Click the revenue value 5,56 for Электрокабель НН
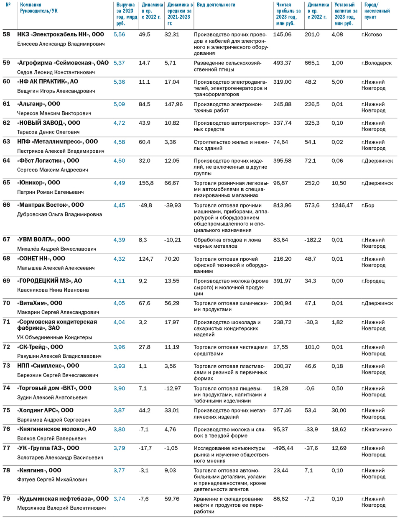(119, 35)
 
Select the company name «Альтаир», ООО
(38, 104)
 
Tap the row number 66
(6, 205)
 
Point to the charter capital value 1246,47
(342, 205)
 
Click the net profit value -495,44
(283, 448)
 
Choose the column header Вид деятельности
(216, 5)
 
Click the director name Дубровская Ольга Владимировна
(59, 214)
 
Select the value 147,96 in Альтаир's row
(173, 104)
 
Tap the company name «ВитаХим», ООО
(40, 303)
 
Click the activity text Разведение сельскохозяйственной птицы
(227, 66)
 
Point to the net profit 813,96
(282, 205)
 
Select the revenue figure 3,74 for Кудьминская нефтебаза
(119, 499)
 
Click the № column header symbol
(8, 5)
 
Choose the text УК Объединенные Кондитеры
(54, 337)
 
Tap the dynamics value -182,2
(313, 240)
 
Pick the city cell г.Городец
(373, 281)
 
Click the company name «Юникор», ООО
(38, 182)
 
